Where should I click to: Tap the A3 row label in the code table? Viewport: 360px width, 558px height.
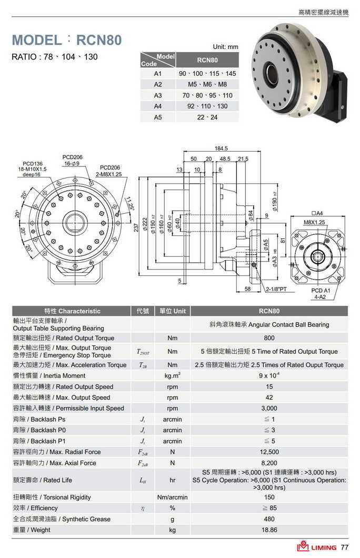157,95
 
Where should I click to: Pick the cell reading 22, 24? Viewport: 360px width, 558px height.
207,117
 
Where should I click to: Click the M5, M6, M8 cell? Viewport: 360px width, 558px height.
207,84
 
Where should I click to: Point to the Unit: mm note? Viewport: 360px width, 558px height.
225,47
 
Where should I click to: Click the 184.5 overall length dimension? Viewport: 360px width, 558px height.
221,148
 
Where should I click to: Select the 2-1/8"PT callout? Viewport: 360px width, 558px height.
276,289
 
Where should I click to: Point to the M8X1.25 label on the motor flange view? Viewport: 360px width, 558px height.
314,222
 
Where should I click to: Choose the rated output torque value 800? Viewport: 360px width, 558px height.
269,338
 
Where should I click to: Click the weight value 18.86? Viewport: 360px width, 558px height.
269,530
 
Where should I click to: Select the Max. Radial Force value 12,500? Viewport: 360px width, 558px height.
269,452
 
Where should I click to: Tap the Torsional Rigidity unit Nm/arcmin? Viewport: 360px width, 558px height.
172,497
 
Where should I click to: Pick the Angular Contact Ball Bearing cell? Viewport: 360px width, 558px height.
269,324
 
